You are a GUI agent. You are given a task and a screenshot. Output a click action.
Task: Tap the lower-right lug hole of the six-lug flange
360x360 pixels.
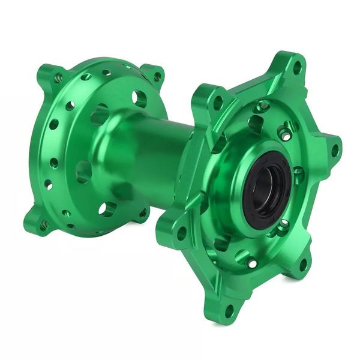coord(302,264)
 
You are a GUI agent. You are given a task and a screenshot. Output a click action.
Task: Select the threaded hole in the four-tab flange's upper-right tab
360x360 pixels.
coord(157,76)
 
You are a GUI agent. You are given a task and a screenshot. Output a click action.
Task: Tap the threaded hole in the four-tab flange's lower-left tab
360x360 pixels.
coord(44,224)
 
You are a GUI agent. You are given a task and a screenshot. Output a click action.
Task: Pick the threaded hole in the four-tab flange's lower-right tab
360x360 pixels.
coord(143,213)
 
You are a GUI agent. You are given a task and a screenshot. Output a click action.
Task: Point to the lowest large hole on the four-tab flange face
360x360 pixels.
coord(108,209)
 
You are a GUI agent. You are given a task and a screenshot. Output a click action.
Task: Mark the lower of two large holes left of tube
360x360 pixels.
coord(84,171)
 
